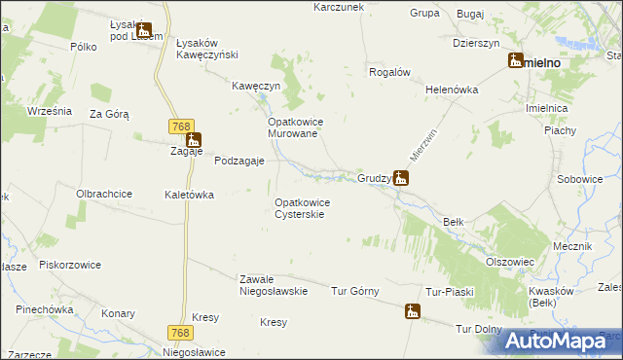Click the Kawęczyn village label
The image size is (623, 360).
pyautogui.click(x=256, y=86)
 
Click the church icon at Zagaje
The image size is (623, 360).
pyautogui.click(x=194, y=140)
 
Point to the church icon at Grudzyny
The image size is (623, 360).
pyautogui.click(x=400, y=178)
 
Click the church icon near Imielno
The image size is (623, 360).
pyautogui.click(x=515, y=61)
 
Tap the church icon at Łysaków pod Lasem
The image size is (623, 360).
pyautogui.click(x=144, y=31)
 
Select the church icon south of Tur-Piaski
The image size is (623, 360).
pyautogui.click(x=413, y=311)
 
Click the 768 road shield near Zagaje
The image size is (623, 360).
pyautogui.click(x=179, y=126)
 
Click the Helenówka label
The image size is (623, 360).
pyautogui.click(x=453, y=90)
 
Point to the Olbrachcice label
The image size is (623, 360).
pyautogui.click(x=104, y=194)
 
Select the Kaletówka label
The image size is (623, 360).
pyautogui.click(x=189, y=195)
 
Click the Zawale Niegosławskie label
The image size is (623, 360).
pyautogui.click(x=274, y=285)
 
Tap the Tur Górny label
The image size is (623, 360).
pyautogui.click(x=354, y=291)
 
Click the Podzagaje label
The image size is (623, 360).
pyautogui.click(x=239, y=162)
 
